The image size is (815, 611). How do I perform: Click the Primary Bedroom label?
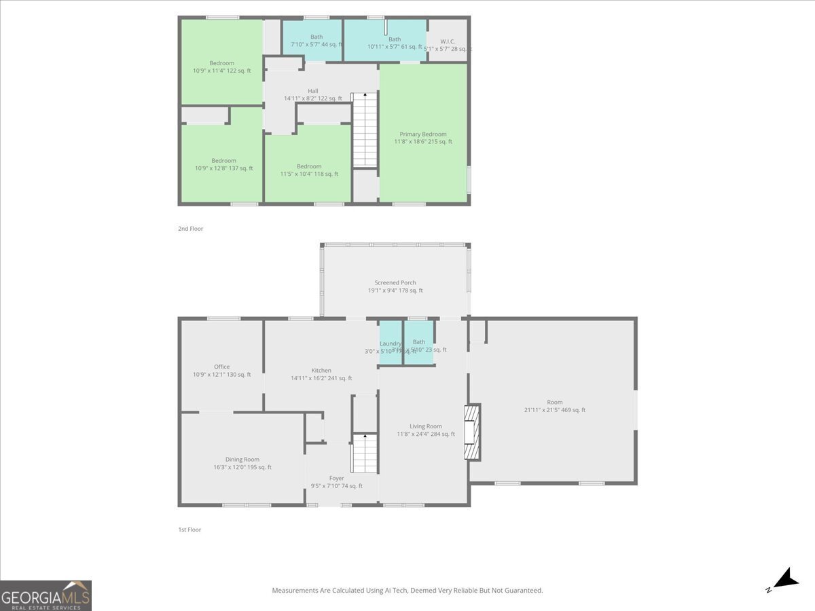coord(422,138)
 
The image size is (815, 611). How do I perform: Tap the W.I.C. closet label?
coord(447,45)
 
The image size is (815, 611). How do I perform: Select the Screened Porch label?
coord(395,286)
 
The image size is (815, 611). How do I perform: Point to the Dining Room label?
coord(242,463)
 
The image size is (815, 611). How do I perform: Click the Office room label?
coord(221,370)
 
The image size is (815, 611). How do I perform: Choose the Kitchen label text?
coord(321,374)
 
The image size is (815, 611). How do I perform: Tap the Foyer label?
coord(336,482)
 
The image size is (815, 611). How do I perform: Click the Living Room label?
coord(426,430)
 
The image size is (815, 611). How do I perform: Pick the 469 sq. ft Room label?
coord(554,406)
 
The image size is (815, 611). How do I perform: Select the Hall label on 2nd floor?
coord(312,94)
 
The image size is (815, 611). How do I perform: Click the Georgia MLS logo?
coord(46,595)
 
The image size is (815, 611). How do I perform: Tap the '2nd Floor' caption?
coord(190,229)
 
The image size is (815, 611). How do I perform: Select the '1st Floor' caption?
coord(189,530)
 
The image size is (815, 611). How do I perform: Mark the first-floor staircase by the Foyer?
coord(365,453)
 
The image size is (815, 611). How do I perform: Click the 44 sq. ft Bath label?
coord(316,41)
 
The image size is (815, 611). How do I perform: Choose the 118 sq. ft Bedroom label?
coord(308,170)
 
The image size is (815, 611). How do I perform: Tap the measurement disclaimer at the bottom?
coord(407,591)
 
